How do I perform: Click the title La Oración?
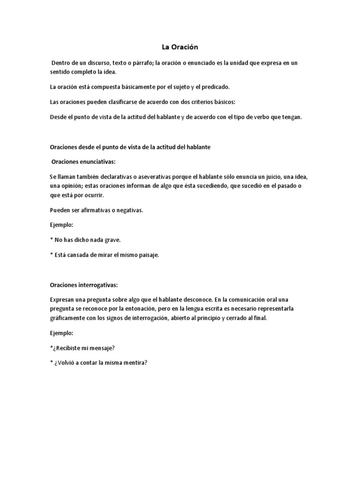pos(180,47)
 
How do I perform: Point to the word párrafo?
pos(140,63)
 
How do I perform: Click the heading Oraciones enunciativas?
pos(83,162)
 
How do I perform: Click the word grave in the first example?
pos(112,240)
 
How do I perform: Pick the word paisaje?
pos(147,255)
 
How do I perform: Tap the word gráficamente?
pos(67,318)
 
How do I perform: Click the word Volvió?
pos(67,362)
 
